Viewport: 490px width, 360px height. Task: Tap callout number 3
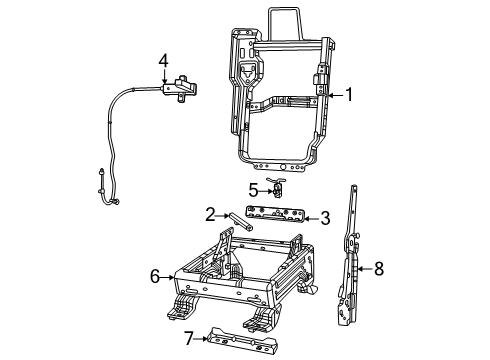pos(324,217)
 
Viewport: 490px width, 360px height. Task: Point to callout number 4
pos(163,63)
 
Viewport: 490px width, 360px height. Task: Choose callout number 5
pos(253,188)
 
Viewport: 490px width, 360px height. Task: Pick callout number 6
pos(154,275)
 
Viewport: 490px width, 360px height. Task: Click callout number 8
pos(379,268)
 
